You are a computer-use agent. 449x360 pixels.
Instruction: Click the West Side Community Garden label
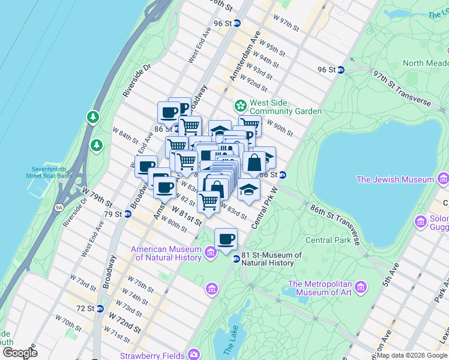(x=285, y=106)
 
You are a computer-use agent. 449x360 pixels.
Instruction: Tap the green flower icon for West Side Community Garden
(x=240, y=106)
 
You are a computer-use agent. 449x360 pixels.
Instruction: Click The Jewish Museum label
(x=395, y=179)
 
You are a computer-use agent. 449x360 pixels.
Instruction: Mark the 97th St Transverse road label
(x=402, y=89)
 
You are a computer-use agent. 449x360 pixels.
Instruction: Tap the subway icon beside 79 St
(x=127, y=214)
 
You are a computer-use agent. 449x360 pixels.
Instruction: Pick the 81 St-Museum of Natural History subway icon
(x=237, y=259)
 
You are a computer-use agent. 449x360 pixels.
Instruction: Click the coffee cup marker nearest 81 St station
(x=226, y=239)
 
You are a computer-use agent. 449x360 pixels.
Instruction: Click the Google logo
(x=20, y=353)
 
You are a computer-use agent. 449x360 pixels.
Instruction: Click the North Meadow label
(x=425, y=63)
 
